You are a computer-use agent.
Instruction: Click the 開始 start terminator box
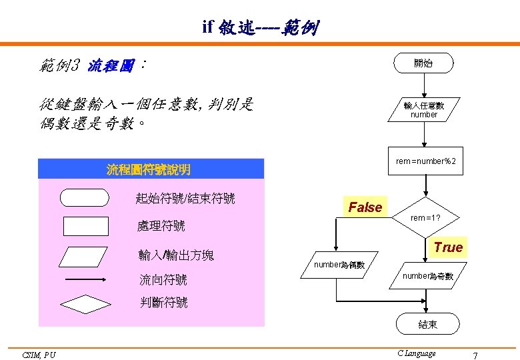pyautogui.click(x=423, y=63)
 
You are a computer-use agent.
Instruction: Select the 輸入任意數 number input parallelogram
pyautogui.click(x=423, y=110)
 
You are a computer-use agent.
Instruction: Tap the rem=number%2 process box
pyautogui.click(x=425, y=161)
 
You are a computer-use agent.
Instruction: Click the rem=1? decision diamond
pyautogui.click(x=425, y=218)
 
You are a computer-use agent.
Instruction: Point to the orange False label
pyautogui.click(x=365, y=207)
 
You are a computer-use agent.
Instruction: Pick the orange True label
pyautogui.click(x=447, y=247)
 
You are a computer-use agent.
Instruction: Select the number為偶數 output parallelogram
pyautogui.click(x=340, y=265)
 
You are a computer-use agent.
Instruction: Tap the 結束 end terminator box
pyautogui.click(x=428, y=324)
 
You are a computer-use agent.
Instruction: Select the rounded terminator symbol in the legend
pyautogui.click(x=84, y=198)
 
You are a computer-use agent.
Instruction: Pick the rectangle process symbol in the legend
pyautogui.click(x=85, y=226)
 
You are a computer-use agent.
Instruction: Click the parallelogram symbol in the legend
pyautogui.click(x=85, y=257)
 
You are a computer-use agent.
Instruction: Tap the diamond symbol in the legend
pyautogui.click(x=85, y=304)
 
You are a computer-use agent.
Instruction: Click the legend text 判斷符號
pyautogui.click(x=163, y=303)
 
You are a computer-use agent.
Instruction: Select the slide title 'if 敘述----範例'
pyautogui.click(x=261, y=27)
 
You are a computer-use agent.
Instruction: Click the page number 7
pyautogui.click(x=475, y=355)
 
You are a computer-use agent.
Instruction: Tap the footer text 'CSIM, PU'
pyautogui.click(x=39, y=355)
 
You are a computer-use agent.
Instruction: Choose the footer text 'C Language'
pyautogui.click(x=416, y=353)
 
